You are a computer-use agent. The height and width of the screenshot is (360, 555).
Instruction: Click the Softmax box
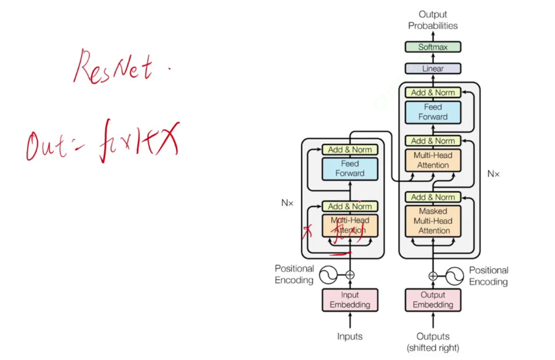click(x=433, y=46)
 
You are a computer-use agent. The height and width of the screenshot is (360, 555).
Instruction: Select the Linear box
click(x=433, y=68)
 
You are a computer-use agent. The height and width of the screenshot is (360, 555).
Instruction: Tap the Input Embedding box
click(x=350, y=300)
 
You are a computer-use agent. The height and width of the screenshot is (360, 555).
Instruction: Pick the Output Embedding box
click(x=433, y=300)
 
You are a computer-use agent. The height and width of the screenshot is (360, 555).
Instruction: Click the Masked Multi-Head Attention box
click(x=433, y=221)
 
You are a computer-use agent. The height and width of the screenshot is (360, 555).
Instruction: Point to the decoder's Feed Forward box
click(x=433, y=112)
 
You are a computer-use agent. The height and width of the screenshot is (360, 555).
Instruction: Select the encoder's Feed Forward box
click(x=350, y=168)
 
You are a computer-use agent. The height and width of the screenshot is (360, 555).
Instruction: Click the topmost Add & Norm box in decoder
click(x=433, y=92)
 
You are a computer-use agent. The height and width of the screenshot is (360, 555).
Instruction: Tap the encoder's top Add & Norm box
click(x=350, y=150)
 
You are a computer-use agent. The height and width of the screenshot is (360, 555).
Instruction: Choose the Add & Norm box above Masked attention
click(x=433, y=197)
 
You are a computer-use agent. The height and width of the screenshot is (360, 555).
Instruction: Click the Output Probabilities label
click(x=433, y=20)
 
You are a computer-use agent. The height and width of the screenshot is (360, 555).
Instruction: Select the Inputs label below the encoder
click(x=350, y=336)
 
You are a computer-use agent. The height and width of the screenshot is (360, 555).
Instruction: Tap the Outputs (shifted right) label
click(x=433, y=342)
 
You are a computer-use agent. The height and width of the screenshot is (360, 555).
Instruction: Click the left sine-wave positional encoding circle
click(x=327, y=275)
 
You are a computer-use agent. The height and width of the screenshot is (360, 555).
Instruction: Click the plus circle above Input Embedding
click(x=350, y=275)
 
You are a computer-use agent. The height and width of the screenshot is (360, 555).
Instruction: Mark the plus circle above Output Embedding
click(x=433, y=275)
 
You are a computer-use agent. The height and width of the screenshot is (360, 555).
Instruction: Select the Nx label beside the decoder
click(x=493, y=174)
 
